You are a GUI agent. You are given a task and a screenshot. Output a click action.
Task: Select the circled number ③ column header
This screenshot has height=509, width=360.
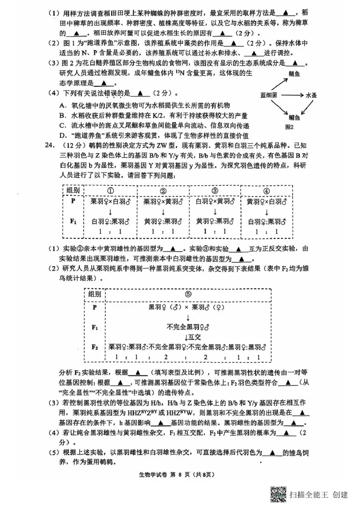pyautogui.click(x=215, y=191)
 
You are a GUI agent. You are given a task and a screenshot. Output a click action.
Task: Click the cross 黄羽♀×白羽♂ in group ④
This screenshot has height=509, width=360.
pyautogui.click(x=266, y=201)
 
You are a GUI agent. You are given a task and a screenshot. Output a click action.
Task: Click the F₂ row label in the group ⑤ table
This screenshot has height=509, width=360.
pyautogui.click(x=94, y=347)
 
